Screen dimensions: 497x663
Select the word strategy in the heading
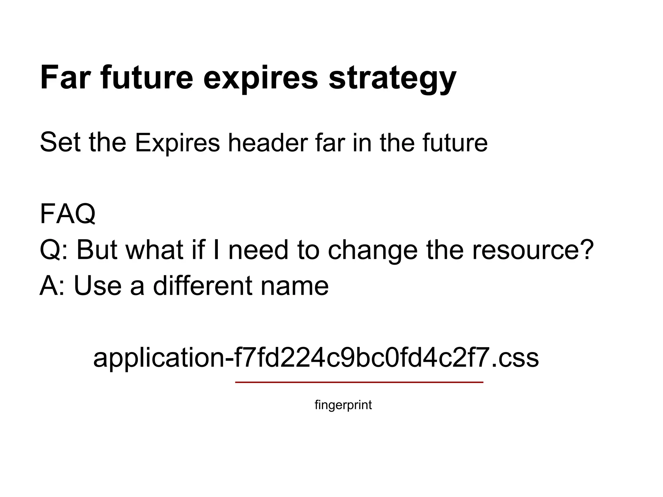pos(392,78)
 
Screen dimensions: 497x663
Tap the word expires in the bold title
pos(261,78)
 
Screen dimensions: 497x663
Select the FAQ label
pos(68,214)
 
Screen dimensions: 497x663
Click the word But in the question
pos(96,250)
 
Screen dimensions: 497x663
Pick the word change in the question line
pos(372,250)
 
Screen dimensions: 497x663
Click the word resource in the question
pos(524,250)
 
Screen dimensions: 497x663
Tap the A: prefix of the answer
pos(52,286)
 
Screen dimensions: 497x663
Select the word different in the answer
pos(202,286)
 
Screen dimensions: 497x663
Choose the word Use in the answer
pos(98,286)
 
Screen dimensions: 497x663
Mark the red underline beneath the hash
pos(359,382)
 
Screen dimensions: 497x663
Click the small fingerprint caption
pos(343,405)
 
